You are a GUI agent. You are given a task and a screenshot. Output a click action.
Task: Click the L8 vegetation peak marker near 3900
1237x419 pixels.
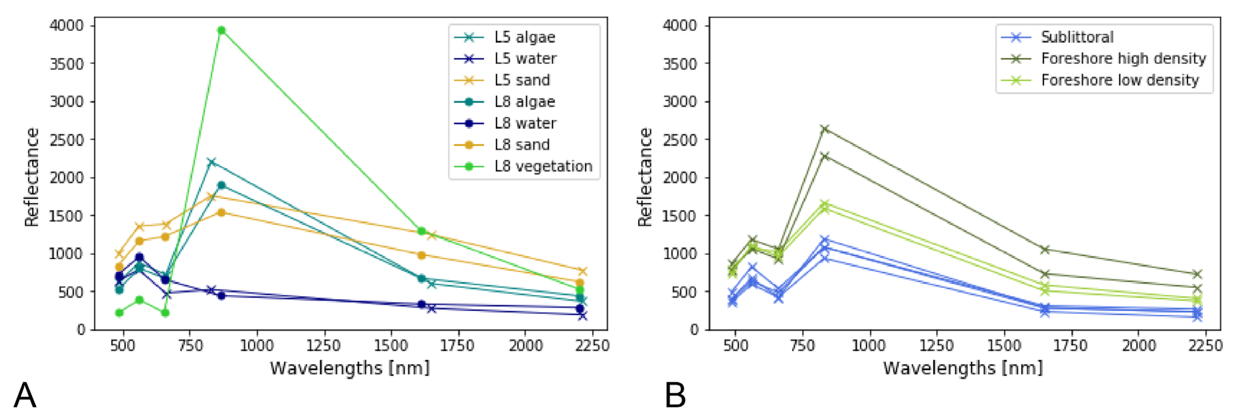pos(221,30)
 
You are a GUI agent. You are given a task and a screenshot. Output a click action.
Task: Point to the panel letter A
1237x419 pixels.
pos(25,395)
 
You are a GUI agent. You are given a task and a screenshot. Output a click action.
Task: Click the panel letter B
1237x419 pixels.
pos(675,395)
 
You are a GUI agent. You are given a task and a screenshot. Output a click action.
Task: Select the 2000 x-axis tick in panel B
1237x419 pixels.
pos(1138,345)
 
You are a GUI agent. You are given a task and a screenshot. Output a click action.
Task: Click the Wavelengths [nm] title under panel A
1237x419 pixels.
pos(350,368)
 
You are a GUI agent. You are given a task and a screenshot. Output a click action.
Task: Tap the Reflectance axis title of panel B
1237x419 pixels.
pos(645,177)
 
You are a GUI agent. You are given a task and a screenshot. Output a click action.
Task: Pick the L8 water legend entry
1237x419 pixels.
pos(525,123)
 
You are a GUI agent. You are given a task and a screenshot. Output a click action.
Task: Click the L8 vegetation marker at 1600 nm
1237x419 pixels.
pos(422,231)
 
